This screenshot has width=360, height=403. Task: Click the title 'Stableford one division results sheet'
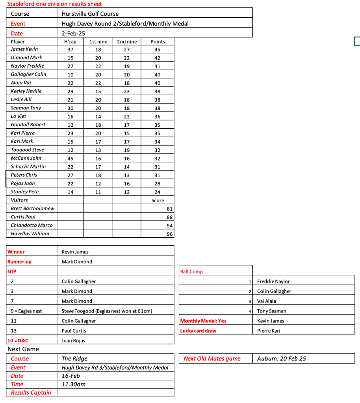tap(54, 4)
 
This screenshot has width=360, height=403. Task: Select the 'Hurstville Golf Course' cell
tap(90, 14)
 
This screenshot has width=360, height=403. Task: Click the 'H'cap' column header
tap(70, 42)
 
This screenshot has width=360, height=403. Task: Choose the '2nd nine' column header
tap(127, 42)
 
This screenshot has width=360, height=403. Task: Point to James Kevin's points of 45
tap(158, 50)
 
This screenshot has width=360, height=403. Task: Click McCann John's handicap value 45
tap(70, 158)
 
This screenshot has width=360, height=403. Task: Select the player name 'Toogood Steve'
tap(28, 150)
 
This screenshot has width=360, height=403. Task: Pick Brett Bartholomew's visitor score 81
tap(170, 209)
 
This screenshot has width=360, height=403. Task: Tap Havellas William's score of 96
tap(170, 234)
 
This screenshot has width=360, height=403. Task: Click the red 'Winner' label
tap(16, 252)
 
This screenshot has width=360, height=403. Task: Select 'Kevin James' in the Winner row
tap(75, 252)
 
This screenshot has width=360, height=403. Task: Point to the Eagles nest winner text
tap(107, 311)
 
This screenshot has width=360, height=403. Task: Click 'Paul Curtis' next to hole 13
tap(74, 331)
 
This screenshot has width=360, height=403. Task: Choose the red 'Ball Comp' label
tap(191, 272)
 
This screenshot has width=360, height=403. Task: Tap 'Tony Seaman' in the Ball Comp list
tap(272, 311)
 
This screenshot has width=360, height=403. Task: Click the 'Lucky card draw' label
tap(198, 331)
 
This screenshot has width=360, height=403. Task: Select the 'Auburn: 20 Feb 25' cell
tap(282, 359)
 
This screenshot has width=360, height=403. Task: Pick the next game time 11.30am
tap(74, 384)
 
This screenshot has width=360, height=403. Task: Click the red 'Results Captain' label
tap(31, 392)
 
